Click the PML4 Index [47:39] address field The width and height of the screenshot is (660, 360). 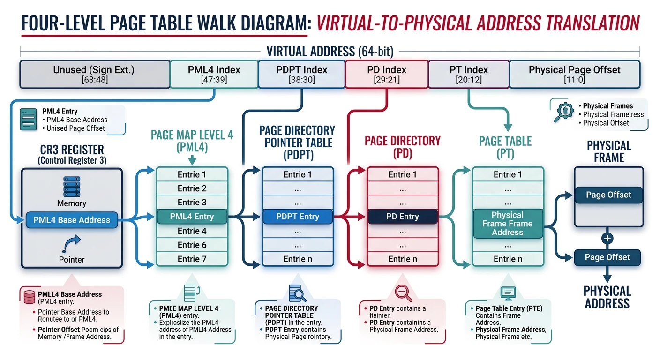coord(214,74)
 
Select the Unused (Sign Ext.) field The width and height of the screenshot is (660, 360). coord(94,74)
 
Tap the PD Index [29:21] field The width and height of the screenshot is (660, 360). coord(387,74)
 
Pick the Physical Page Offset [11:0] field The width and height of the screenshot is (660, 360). coord(574,74)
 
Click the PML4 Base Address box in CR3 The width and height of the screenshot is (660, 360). coord(72,220)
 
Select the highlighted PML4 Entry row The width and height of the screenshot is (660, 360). coord(192,217)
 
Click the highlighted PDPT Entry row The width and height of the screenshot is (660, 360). coord(297,217)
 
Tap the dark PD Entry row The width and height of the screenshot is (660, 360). coord(402,217)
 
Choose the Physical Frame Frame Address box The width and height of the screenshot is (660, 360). coord(507,224)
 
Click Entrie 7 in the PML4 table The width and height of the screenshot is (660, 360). coord(192,259)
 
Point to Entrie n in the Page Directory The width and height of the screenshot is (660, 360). coord(402,259)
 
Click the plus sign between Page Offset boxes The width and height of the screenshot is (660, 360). coord(607,239)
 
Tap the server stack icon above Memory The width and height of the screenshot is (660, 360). coord(72,187)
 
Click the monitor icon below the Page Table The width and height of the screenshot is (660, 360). coord(508,293)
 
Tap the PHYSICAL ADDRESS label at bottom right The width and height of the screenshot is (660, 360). coord(607,297)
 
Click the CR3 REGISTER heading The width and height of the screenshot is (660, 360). coord(72,150)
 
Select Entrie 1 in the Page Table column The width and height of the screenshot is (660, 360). coord(507,174)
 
